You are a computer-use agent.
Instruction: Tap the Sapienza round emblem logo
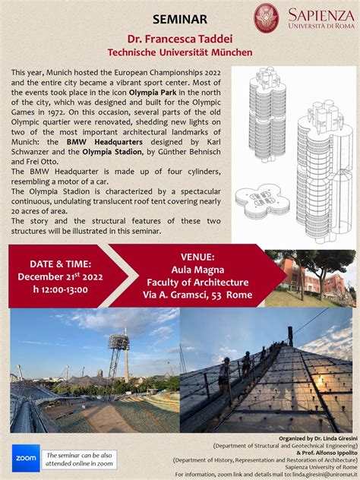click(x=266, y=17)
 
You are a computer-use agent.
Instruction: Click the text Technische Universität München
click(x=179, y=52)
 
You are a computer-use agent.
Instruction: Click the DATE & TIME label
click(x=52, y=264)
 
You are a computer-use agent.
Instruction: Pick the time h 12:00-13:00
click(x=52, y=289)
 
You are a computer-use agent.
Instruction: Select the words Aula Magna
click(x=197, y=270)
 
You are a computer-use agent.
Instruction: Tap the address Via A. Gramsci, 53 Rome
click(x=197, y=295)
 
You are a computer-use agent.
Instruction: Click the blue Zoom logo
click(x=25, y=458)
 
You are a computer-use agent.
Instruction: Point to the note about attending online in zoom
click(x=80, y=458)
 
